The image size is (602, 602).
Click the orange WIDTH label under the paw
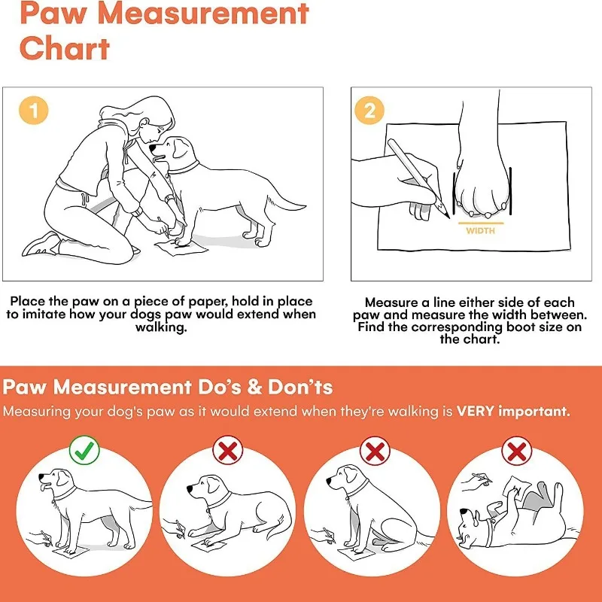point(480,231)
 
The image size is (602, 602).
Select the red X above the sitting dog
point(374,451)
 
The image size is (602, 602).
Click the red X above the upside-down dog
point(516,451)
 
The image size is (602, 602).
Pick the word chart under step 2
point(461,339)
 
